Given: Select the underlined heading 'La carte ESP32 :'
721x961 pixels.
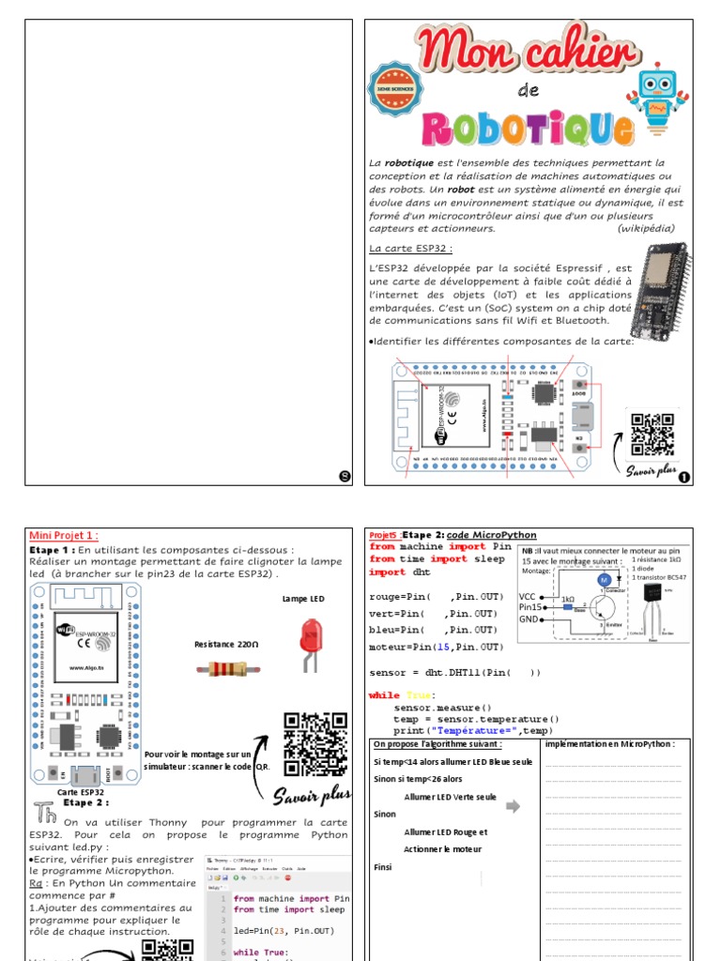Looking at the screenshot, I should point(410,248).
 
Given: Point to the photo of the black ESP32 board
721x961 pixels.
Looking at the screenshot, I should point(666,293).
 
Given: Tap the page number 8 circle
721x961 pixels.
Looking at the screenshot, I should point(345,477).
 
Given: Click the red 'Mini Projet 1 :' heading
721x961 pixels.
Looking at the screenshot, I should point(64,535).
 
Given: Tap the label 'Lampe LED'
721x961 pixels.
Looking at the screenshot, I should point(303,598).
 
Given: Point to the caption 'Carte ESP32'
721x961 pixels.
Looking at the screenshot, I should point(80,792).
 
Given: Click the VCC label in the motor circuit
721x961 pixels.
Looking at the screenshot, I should point(529,596).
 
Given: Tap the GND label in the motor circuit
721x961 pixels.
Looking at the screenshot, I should point(529,618).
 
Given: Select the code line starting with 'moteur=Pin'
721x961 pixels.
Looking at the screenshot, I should point(436,647).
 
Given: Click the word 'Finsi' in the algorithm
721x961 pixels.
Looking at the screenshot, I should point(383,867).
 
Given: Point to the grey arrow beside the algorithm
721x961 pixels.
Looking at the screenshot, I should point(512,805).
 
